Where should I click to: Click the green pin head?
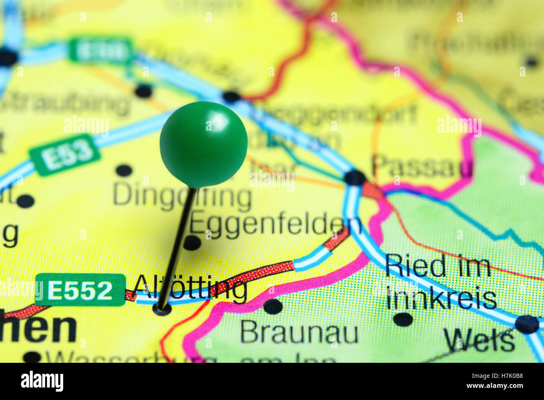(x=203, y=144)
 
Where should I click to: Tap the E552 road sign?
(x=80, y=290)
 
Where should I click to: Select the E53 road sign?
(x=65, y=154)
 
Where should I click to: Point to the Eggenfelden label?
(x=275, y=224)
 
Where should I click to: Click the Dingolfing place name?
(x=182, y=197)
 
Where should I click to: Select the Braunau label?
(x=299, y=333)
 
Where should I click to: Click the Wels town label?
(x=480, y=340)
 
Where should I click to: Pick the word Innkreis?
(x=441, y=298)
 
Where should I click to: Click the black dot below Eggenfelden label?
(x=192, y=242)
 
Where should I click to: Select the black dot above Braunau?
(x=273, y=306)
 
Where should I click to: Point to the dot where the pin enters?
(x=162, y=309)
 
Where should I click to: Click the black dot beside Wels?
(x=526, y=324)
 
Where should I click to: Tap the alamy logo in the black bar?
(x=42, y=381)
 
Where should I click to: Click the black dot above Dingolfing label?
(x=123, y=170)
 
